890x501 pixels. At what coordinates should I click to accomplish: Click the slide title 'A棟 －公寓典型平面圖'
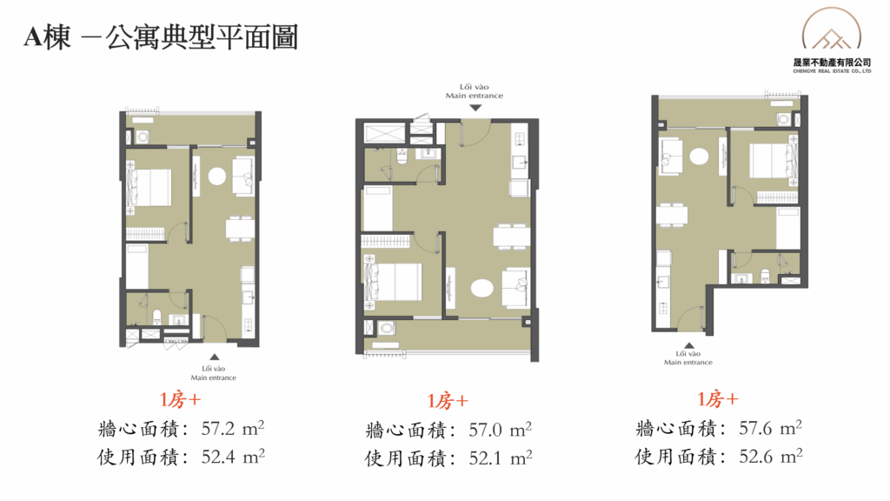pos(161,37)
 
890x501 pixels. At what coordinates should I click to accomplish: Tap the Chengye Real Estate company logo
pos(832,40)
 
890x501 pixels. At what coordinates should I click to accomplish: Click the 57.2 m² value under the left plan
pos(233,428)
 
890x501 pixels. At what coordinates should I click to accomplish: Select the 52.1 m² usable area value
pos(500,458)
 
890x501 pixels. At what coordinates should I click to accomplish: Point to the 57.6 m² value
pos(770,428)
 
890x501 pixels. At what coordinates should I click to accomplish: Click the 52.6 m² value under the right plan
pos(770,456)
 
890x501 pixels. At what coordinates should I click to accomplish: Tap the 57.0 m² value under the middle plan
pos(500,430)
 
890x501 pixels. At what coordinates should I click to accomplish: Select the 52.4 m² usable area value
pos(233,457)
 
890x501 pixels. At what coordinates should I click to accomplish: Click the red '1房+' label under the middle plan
pos(448,401)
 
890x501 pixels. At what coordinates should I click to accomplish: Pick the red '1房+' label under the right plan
pos(718,399)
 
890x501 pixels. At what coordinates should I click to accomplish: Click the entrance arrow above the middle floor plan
pos(475,107)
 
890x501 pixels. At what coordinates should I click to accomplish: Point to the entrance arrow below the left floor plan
pos(215,357)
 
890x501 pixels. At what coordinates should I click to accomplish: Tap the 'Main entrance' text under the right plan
pos(688,362)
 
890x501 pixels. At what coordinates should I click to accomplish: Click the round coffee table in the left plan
pos(216,176)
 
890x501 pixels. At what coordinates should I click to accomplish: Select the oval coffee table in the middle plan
pos(482,287)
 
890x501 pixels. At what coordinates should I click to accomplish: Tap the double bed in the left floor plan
pos(149,188)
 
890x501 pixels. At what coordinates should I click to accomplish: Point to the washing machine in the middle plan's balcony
pos(387,328)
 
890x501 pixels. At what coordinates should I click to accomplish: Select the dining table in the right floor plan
pos(672,216)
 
